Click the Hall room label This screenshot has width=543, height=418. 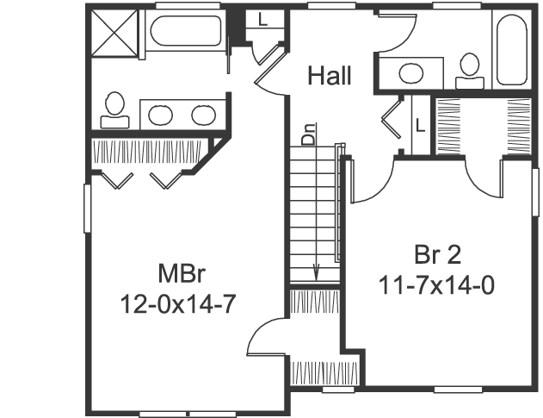pos(330,76)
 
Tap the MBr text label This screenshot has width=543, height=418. pos(180,274)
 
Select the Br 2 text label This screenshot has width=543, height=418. pos(436,256)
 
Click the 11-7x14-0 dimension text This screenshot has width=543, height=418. pos(436,284)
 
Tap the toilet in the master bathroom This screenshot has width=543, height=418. pos(114,106)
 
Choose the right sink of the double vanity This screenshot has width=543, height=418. pos(203,113)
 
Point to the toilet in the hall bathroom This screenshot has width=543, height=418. pos(469,68)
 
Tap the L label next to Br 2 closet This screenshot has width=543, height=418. pos(420,124)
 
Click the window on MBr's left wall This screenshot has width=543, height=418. pos(86,207)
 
